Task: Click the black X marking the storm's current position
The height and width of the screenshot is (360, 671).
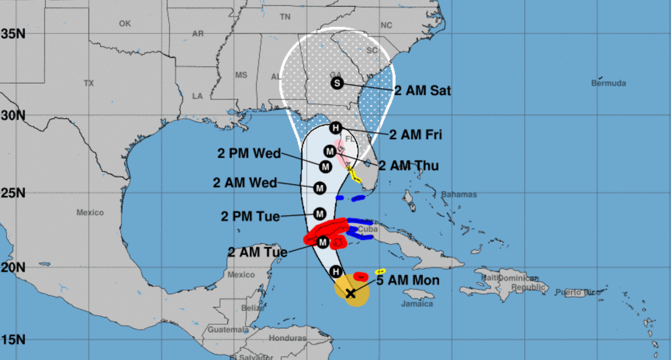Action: tap(351, 293)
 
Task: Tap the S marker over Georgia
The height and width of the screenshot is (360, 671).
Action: tap(337, 83)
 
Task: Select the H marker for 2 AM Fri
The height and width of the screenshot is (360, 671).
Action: tap(335, 127)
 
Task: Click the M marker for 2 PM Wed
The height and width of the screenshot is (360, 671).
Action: tap(326, 167)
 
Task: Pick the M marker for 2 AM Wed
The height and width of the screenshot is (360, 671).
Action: tap(320, 188)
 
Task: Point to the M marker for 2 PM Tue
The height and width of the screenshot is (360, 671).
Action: tap(320, 213)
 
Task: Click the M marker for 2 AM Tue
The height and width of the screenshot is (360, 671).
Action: tap(322, 242)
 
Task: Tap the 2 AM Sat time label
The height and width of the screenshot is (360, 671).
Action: tap(423, 91)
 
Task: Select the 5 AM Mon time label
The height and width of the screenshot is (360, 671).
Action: tap(407, 281)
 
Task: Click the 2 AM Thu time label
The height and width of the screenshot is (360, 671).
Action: tap(408, 166)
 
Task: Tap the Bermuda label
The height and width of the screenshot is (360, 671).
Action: tap(609, 83)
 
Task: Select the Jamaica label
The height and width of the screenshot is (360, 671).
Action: tap(417, 304)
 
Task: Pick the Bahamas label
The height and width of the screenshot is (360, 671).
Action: tap(459, 194)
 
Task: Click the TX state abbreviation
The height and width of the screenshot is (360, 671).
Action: tap(89, 83)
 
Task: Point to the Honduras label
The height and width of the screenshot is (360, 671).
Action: tap(287, 338)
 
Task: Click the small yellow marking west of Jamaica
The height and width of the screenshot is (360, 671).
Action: tap(381, 271)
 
